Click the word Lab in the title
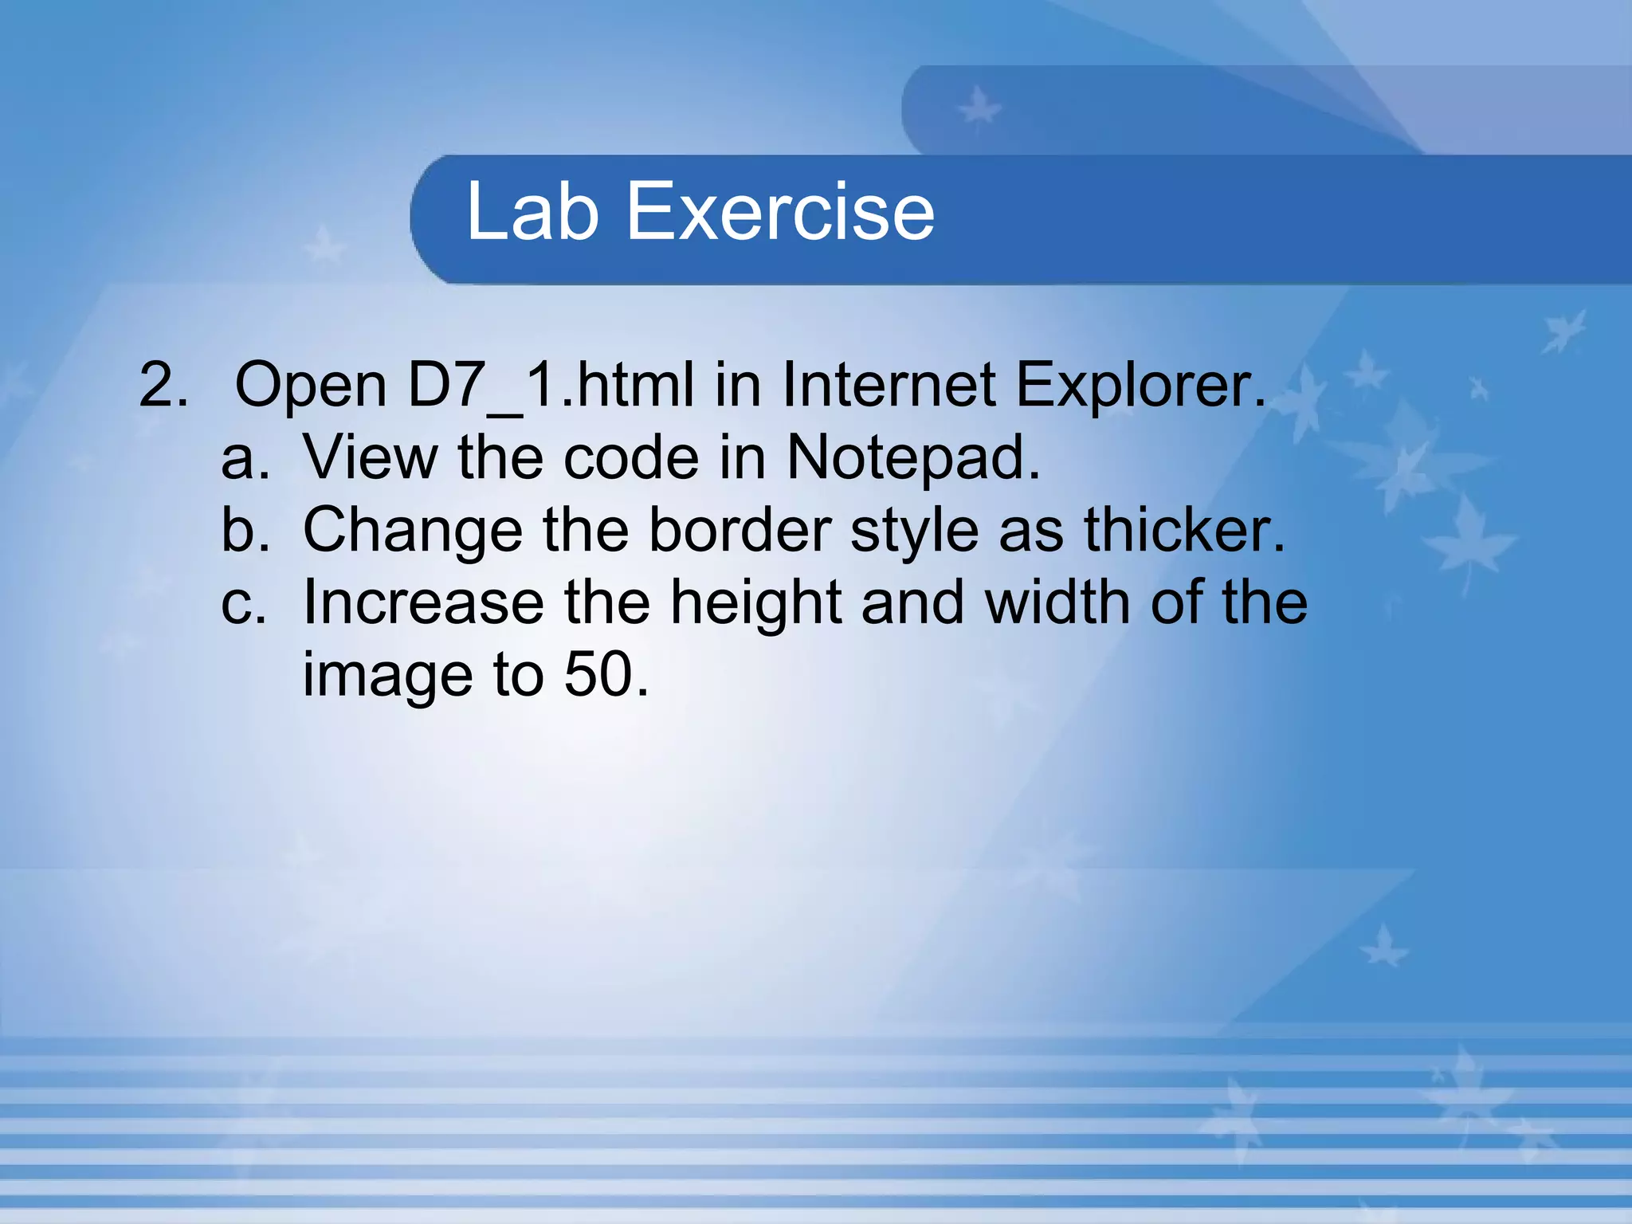[532, 211]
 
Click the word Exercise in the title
[780, 211]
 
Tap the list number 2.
[163, 385]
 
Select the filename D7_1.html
[551, 385]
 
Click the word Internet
[889, 385]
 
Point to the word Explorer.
[1140, 385]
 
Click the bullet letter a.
[244, 458]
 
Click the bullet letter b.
[244, 530]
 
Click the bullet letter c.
[242, 603]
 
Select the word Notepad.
[913, 458]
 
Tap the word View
[370, 458]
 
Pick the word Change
[413, 530]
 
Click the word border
[740, 530]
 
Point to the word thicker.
[1184, 530]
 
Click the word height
[755, 603]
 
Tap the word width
[1058, 603]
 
